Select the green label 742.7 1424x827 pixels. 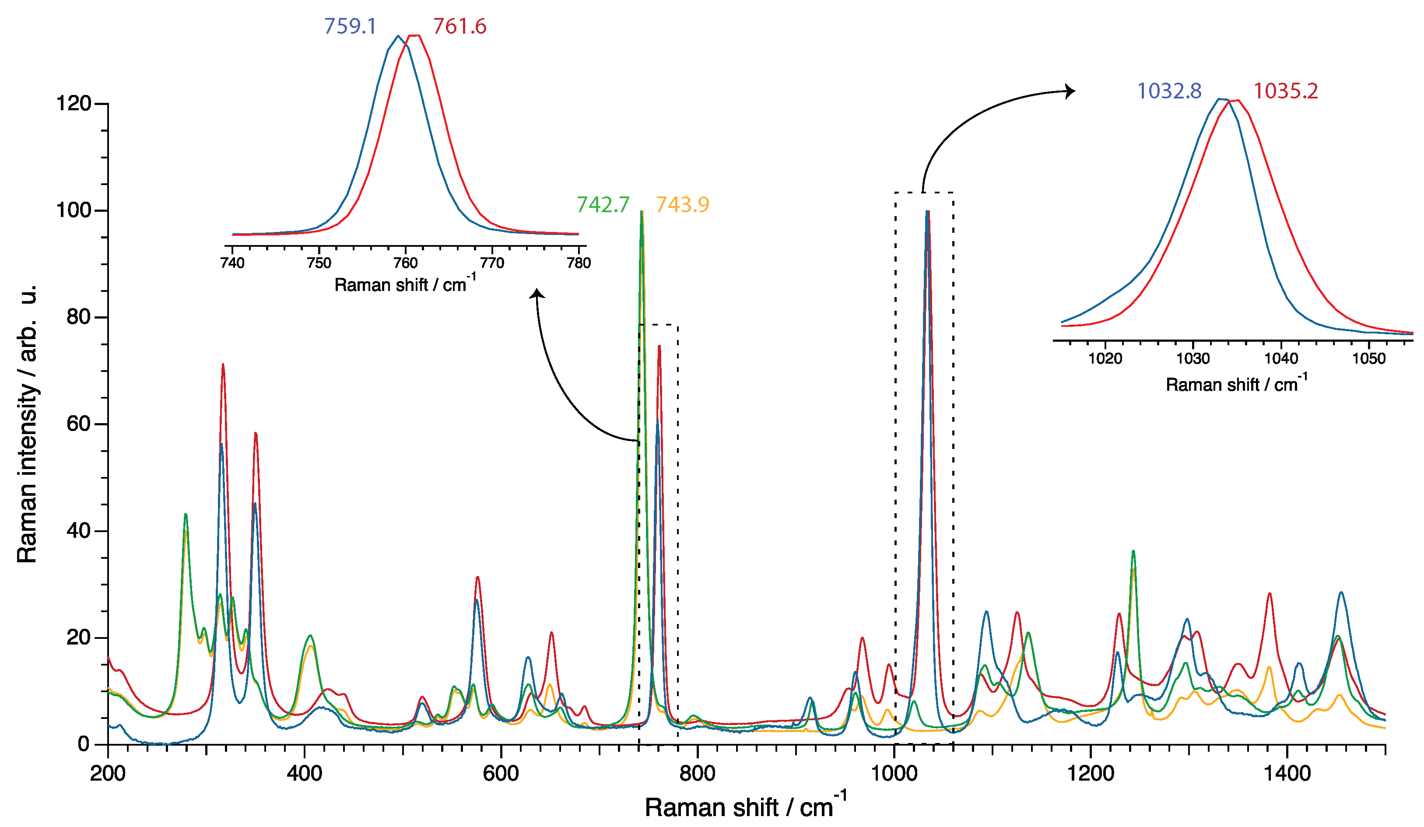[602, 204]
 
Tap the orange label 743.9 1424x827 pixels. [682, 204]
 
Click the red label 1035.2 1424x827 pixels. [1286, 91]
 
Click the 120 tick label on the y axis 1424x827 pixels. [74, 104]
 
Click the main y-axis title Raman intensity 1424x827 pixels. [27, 424]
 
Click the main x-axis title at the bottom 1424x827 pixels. [745, 807]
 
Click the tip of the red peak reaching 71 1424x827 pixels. [223, 364]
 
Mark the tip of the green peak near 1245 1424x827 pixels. [1133, 551]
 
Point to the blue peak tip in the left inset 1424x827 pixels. [398, 36]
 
